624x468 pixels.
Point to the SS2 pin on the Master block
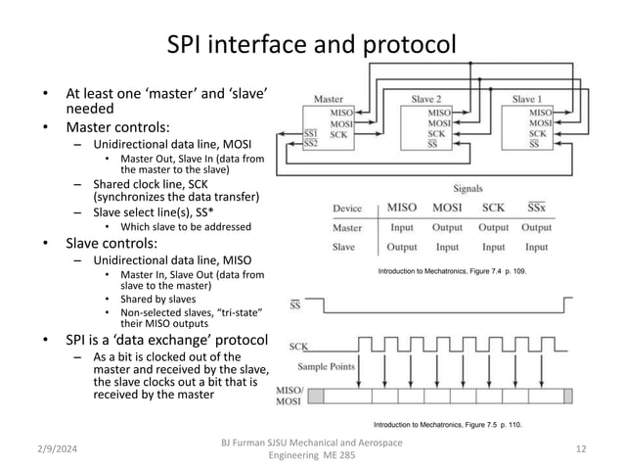click(311, 144)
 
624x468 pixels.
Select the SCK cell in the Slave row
click(495, 247)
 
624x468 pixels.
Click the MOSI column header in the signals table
click(448, 208)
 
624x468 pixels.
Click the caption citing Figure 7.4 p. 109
click(452, 268)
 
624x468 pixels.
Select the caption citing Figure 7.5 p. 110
click(446, 426)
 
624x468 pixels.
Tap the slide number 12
click(581, 447)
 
